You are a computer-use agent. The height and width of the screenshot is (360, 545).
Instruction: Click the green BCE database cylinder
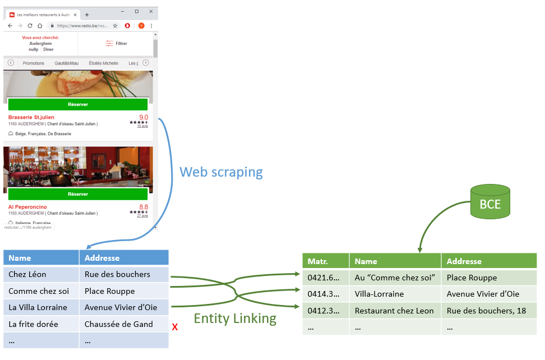490,203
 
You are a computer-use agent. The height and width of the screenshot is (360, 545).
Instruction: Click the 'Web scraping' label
221,172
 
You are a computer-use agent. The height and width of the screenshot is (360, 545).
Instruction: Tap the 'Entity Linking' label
235,319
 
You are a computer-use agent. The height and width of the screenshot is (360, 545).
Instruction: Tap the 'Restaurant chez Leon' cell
395,311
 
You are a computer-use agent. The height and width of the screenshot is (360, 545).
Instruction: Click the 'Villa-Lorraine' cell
395,294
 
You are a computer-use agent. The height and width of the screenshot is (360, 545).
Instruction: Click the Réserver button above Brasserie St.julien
78,104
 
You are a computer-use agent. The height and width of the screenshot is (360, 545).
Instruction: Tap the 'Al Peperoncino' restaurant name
28,207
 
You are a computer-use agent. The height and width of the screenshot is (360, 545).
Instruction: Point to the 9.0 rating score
144,117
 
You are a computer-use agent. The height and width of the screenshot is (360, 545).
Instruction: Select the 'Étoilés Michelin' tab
103,63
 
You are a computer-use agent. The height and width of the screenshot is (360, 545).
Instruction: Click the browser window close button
151,11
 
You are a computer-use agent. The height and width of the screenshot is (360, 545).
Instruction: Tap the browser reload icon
30,26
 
